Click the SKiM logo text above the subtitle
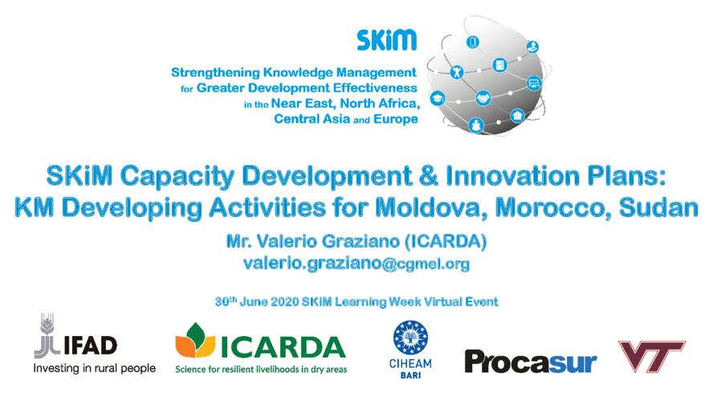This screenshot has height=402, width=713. coord(386,40)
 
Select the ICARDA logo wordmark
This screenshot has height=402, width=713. coord(283,347)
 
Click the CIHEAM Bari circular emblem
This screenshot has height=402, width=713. coord(410,338)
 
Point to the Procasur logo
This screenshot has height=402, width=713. coord(531,363)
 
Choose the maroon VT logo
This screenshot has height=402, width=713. coord(652,356)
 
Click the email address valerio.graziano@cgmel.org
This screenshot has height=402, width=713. coord(356,264)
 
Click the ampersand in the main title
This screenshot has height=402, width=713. coord(428,176)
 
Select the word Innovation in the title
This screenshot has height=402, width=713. coord(512,176)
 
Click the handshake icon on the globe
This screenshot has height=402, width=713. coord(483,98)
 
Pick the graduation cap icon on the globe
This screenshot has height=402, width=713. coord(438,98)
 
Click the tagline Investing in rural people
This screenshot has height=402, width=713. coord(95,368)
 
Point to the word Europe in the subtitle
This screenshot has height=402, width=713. coord(396,119)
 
